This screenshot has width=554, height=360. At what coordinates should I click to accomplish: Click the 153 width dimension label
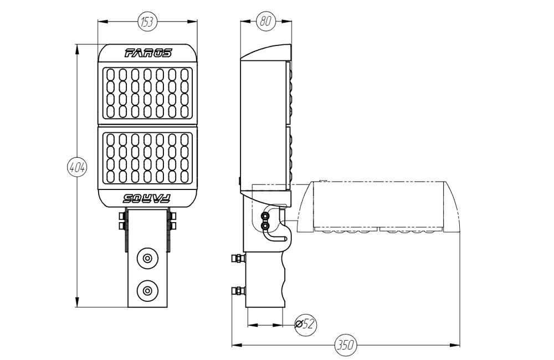[147, 22]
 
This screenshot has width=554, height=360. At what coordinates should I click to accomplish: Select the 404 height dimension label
[77, 167]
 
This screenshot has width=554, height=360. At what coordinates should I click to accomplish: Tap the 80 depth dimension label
[265, 21]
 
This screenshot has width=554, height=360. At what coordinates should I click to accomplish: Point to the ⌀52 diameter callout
[306, 323]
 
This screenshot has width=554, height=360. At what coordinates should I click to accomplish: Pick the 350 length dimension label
[345, 344]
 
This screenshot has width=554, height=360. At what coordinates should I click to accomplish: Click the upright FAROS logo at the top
[148, 53]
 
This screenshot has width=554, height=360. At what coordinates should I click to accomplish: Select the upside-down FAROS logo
[147, 198]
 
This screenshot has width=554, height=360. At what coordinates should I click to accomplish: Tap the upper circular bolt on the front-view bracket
[147, 259]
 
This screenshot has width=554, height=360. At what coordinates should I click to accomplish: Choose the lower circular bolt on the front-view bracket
[147, 291]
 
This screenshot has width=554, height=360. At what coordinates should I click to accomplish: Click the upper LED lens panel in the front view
[147, 93]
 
